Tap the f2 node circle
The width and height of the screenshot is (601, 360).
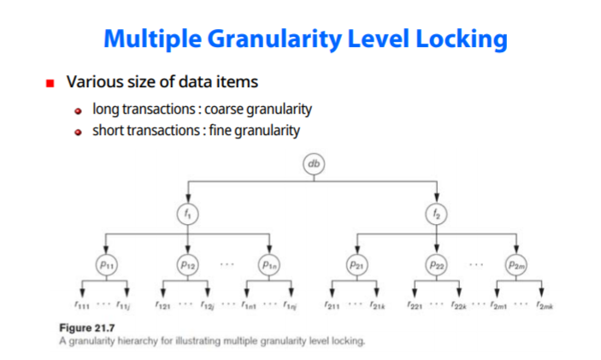[436, 213]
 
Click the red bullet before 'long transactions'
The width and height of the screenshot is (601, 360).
[79, 111]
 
